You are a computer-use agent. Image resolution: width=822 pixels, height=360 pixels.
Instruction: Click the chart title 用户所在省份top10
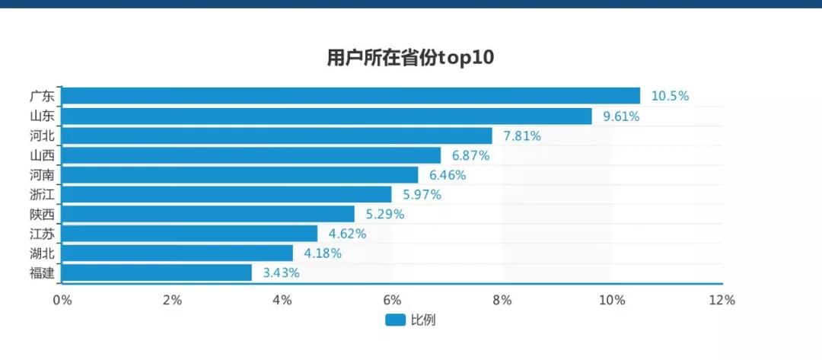(x=410, y=58)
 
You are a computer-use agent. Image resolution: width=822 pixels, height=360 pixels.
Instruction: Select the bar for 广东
(x=350, y=96)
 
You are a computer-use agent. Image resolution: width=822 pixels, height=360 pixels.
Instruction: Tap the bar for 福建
(x=156, y=272)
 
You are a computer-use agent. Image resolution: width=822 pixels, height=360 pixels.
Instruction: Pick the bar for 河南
(x=240, y=174)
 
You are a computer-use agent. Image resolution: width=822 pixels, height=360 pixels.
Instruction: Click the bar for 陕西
(x=208, y=214)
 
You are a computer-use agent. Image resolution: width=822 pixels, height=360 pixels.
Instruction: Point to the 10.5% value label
(x=670, y=96)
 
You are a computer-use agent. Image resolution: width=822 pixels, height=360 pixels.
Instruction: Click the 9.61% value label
(x=621, y=116)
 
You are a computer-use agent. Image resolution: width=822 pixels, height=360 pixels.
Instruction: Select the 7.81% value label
(x=522, y=136)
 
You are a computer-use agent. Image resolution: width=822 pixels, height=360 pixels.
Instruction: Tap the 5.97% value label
(x=422, y=195)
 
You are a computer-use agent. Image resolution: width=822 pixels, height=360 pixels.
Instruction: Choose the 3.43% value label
(x=281, y=272)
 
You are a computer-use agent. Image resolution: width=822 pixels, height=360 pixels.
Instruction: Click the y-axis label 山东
(x=42, y=116)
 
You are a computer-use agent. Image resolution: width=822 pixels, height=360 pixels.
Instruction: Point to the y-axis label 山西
(x=42, y=155)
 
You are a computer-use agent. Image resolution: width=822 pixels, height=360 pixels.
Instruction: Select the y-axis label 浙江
(x=42, y=195)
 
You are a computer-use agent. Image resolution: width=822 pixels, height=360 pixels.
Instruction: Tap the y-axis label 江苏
(x=42, y=234)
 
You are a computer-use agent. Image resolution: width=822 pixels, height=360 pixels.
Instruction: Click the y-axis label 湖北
(x=42, y=253)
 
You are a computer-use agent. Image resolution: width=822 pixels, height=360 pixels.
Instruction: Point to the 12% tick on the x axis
(x=721, y=300)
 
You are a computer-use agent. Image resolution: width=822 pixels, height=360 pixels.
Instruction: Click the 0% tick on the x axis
(x=62, y=300)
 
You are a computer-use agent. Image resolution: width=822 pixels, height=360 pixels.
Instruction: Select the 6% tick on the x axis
(x=391, y=300)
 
